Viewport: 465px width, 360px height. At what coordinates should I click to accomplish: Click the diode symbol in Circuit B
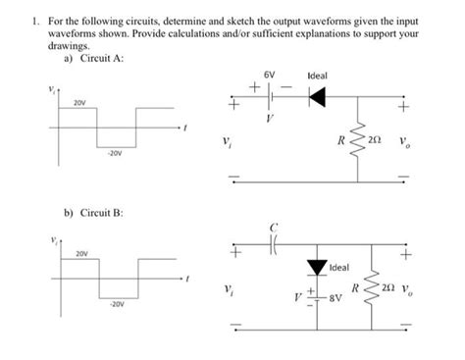(316, 266)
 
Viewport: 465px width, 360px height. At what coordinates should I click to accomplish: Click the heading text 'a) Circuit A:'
(94, 57)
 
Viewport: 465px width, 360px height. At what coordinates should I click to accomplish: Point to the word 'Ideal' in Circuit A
(317, 76)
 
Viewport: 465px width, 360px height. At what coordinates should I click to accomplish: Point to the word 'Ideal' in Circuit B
(339, 268)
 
